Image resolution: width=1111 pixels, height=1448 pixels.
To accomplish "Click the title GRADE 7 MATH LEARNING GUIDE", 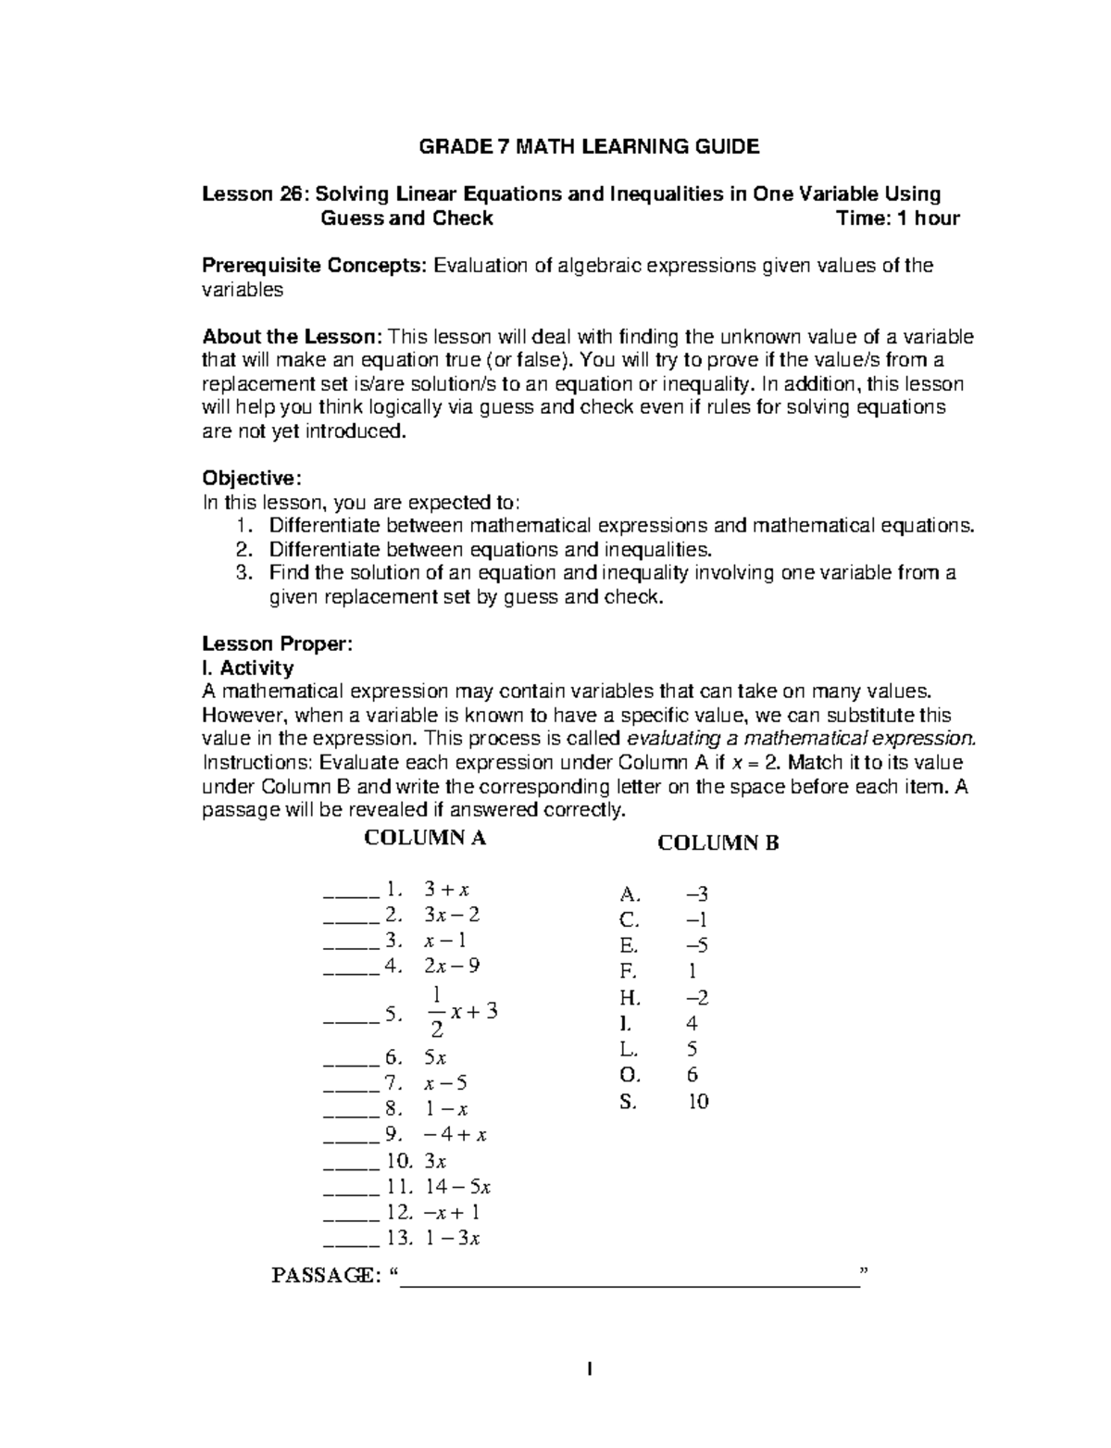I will coord(589,146).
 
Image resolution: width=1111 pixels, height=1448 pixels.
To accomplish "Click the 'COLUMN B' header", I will coord(718,843).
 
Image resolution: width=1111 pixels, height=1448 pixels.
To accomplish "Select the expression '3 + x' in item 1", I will coord(446,890).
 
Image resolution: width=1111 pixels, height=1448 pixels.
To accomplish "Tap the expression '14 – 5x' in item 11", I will coord(457,1186).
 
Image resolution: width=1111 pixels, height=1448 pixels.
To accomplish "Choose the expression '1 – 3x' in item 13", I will coord(453,1238).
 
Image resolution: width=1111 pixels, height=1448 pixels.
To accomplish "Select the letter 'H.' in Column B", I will coord(630,998).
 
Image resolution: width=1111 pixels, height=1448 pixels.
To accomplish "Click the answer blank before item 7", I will coord(351,1083).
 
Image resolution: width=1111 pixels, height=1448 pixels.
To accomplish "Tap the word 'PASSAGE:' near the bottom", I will coord(324,1276).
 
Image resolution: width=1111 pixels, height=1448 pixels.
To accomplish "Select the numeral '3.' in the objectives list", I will coord(243,573).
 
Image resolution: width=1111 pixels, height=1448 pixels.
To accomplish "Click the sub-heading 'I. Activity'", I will coord(247,668).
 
